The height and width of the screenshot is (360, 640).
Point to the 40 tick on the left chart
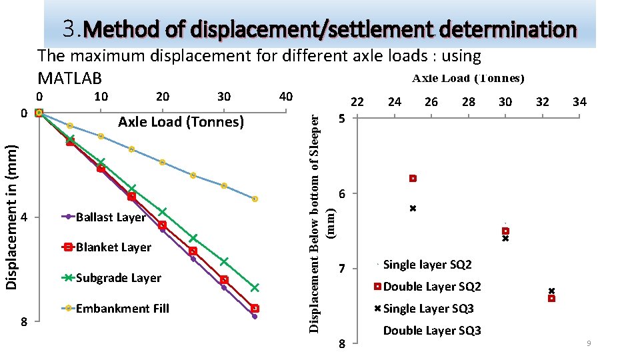285,97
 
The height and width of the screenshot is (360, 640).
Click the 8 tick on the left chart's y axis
23,321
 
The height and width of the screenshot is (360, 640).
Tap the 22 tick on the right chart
357,101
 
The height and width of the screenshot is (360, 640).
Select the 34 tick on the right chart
579,101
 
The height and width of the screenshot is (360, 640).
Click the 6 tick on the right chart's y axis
341,194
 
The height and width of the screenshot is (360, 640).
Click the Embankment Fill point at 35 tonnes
255,199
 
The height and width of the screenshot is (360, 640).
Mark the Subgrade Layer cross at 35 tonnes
255,288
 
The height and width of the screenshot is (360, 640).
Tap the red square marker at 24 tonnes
413,179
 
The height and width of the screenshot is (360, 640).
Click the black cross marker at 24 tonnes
413,209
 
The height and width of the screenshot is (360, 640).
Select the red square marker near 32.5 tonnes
551,298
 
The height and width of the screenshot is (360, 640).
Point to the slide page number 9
589,343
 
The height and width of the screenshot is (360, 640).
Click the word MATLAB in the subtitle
70,79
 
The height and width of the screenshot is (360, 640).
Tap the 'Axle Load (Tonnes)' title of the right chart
468,79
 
